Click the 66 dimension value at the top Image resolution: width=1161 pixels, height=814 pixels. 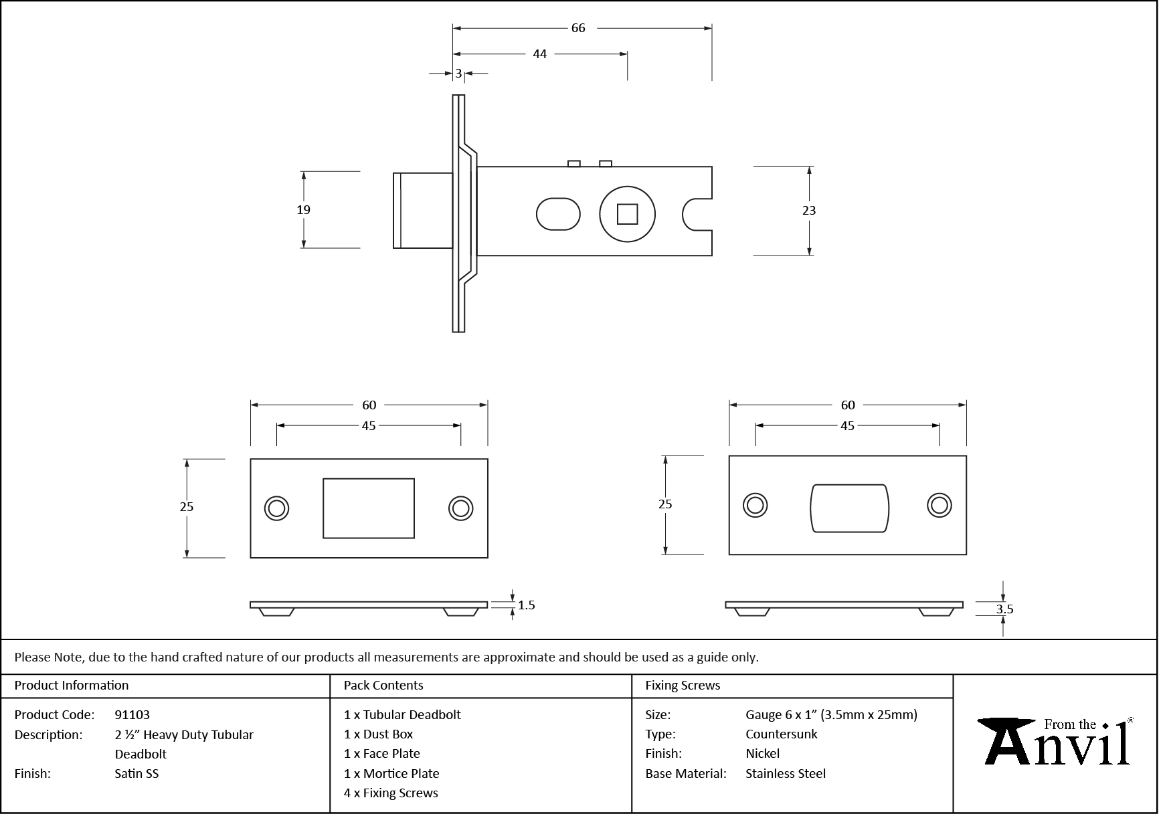578,28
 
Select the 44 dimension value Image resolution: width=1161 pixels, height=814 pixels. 539,54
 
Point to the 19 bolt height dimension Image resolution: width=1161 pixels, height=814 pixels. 303,210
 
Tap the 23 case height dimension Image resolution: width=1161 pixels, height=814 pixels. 809,211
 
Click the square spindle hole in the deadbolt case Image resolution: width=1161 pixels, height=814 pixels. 627,215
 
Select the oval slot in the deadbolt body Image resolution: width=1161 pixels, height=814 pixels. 558,214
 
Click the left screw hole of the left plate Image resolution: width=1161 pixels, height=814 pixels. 276,508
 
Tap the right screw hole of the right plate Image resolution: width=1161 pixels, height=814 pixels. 939,505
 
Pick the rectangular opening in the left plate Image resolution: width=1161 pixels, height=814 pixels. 369,508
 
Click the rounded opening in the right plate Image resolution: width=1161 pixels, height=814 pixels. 849,508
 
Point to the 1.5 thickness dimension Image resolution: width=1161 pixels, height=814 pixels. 526,605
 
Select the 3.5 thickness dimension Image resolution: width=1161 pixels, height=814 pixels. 1004,609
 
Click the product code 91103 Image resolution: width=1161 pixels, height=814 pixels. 132,714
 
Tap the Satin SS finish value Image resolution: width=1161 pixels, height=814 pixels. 137,773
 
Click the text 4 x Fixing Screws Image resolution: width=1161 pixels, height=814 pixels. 391,793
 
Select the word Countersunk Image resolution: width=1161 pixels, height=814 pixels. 781,734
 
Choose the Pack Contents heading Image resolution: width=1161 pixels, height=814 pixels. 383,685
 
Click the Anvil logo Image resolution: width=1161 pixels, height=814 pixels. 1055,742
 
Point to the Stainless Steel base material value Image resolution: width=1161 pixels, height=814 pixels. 785,773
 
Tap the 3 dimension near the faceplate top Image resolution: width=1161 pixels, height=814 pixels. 458,74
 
